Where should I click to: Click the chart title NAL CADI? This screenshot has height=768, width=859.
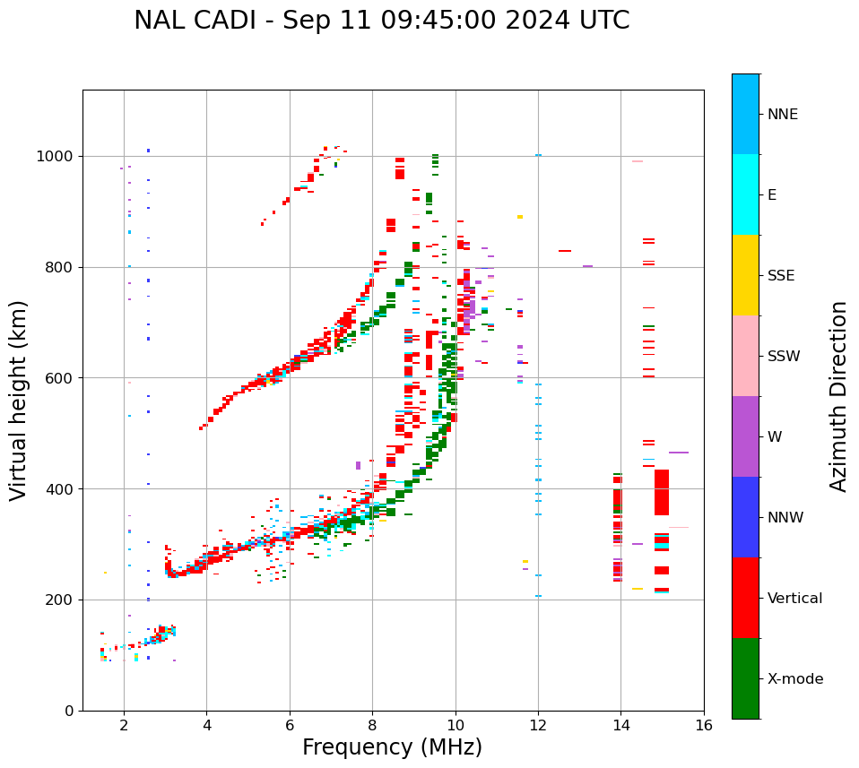point(381,21)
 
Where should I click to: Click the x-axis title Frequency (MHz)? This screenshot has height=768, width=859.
point(392,747)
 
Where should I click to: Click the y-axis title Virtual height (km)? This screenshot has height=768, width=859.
point(19,401)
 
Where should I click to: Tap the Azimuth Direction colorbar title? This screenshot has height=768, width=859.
point(838,396)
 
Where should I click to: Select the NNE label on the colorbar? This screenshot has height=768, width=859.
point(782,115)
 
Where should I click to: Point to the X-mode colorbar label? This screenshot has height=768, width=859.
point(794,679)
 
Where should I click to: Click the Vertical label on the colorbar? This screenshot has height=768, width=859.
point(794,599)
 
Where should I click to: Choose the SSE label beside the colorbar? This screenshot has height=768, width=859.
point(780,276)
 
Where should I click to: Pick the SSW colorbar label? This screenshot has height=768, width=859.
point(783,357)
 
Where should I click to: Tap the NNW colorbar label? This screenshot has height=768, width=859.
point(785,518)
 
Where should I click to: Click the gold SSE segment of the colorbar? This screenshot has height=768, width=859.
point(745,275)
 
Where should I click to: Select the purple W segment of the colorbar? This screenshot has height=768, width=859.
point(745,436)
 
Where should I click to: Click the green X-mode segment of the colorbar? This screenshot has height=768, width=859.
point(745,678)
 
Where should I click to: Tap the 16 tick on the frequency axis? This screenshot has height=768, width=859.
point(704,725)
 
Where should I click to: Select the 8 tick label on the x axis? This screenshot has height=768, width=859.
point(372,725)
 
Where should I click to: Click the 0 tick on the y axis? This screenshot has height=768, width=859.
point(69,711)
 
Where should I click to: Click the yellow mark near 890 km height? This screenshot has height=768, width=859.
point(519,217)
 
